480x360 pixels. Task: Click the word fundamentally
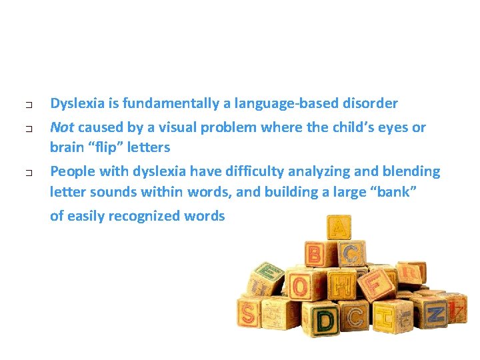pyautogui.click(x=159, y=103)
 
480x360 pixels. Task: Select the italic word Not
pyautogui.click(x=62, y=127)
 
